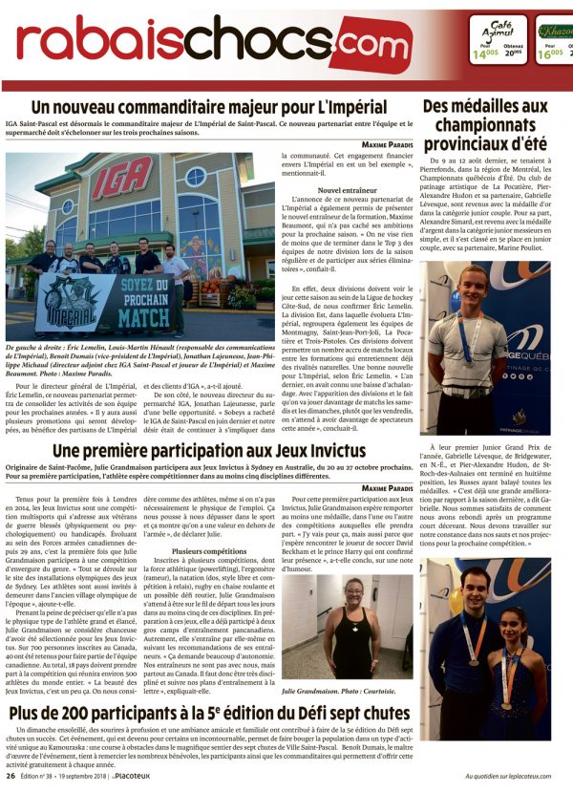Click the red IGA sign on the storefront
click(x=121, y=178)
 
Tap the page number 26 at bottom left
click(x=10, y=777)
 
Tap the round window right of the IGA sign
click(x=195, y=178)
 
